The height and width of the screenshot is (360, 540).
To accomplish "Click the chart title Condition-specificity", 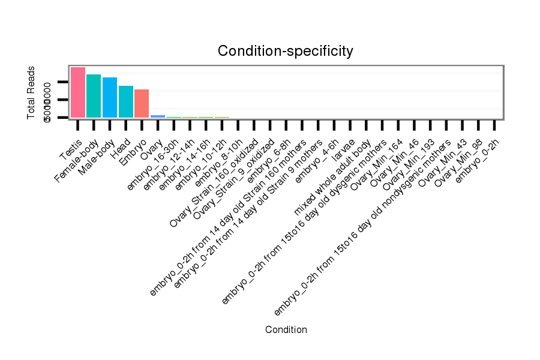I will pos(285,52).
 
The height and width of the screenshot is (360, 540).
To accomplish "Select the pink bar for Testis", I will pos(78,92).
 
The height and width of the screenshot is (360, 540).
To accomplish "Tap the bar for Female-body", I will pos(94,96).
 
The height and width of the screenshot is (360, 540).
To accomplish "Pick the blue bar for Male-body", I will pos(110,97).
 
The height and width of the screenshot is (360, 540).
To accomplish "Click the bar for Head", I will pos(126,101).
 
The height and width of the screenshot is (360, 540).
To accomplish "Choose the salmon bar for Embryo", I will pos(142,103).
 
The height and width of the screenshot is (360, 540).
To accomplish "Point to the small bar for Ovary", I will pos(158,116).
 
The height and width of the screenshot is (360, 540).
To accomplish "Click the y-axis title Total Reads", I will pos(31,92).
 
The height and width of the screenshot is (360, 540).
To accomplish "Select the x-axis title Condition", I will pos(286,329).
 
